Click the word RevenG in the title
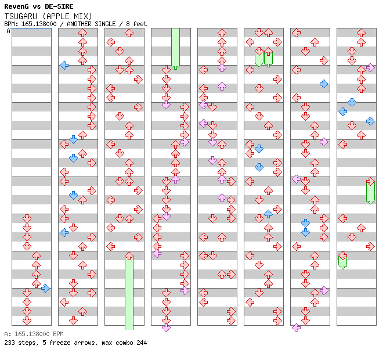tap(16, 6)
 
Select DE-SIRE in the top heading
tap(59, 6)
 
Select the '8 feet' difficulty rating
tap(136, 24)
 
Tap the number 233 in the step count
tap(9, 343)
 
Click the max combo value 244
tap(141, 343)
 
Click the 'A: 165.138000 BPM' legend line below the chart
tap(34, 334)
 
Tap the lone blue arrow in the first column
tap(45, 288)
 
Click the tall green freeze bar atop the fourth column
tap(175, 48)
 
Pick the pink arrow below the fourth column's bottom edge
tap(166, 327)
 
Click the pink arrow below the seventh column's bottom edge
tap(296, 327)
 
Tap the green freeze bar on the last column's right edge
tap(370, 192)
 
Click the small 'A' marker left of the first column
tap(9, 31)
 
